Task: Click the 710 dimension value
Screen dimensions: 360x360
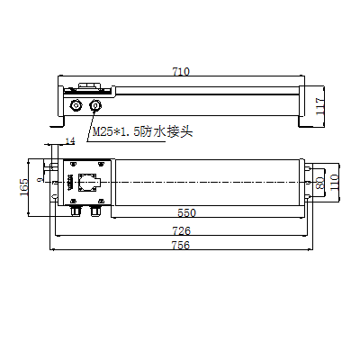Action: coord(180,71)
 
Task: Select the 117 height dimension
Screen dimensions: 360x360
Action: coord(319,105)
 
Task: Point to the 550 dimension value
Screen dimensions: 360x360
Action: coord(186,213)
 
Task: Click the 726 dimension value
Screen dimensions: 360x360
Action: coord(181,230)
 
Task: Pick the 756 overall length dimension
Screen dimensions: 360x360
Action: coord(181,247)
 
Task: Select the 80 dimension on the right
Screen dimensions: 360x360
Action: coord(319,183)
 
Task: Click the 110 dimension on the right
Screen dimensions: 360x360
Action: coord(334,183)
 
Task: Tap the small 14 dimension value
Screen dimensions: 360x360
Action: coord(71,141)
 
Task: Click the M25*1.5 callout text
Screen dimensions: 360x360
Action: coord(112,132)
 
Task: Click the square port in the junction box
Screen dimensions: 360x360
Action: coord(88,183)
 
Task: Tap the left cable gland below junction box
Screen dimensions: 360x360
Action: coord(76,211)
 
